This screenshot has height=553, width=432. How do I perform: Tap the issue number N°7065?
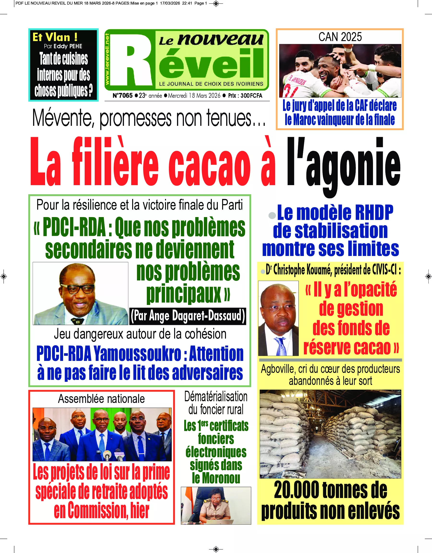[x=123, y=96]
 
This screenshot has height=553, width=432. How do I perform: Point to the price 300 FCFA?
[x=251, y=96]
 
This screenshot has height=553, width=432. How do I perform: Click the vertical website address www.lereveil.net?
[x=107, y=60]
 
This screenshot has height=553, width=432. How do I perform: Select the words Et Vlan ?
[x=55, y=37]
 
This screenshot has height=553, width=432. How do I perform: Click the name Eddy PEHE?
[x=68, y=46]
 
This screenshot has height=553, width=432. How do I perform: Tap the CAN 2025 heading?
[x=340, y=37]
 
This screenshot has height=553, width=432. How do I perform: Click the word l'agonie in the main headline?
[x=343, y=164]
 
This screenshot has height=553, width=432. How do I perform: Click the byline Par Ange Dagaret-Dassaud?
[x=188, y=316]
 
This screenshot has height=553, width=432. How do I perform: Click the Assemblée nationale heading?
[x=101, y=399]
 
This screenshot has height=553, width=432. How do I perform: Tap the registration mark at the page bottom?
[x=216, y=549]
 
